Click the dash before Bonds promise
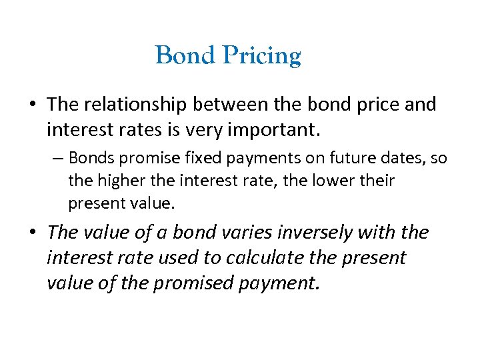[x=59, y=159]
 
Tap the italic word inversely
[x=305, y=233]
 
